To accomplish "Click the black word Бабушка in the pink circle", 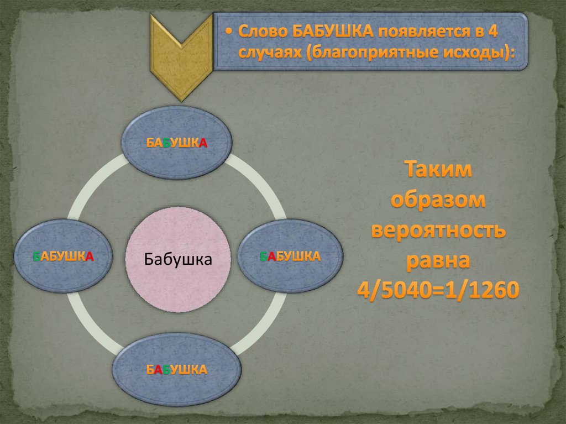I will pos(179,259).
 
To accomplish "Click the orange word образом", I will pos(439,200).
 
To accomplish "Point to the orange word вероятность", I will pos(439,229).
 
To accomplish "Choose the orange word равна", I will pos(440,259).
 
